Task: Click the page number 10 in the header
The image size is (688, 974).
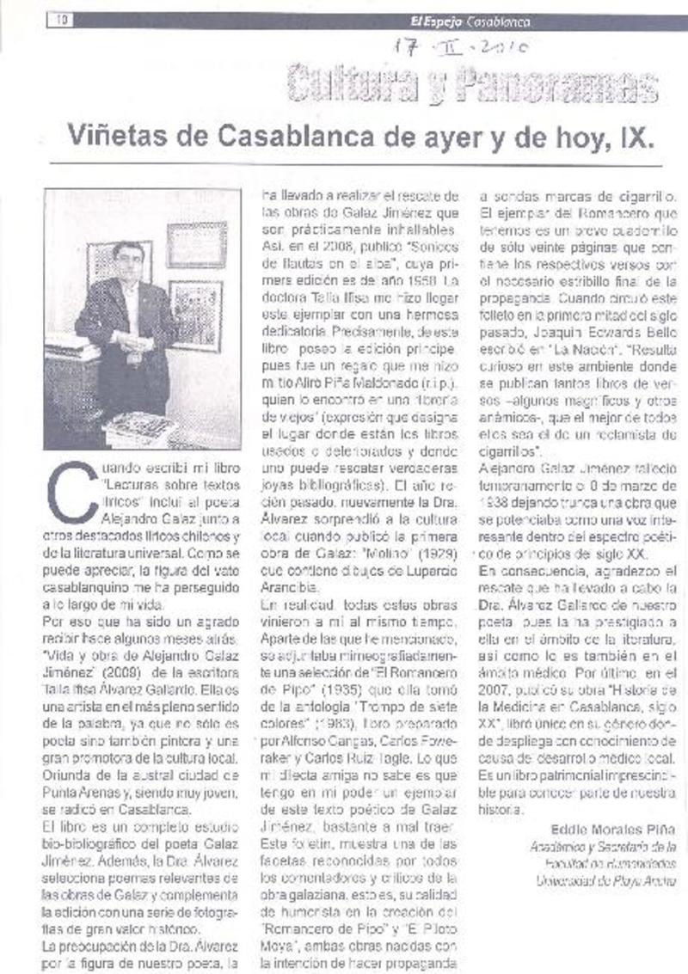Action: (62, 21)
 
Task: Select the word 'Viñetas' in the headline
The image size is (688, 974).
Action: (113, 135)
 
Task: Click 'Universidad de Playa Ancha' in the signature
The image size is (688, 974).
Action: (605, 881)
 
